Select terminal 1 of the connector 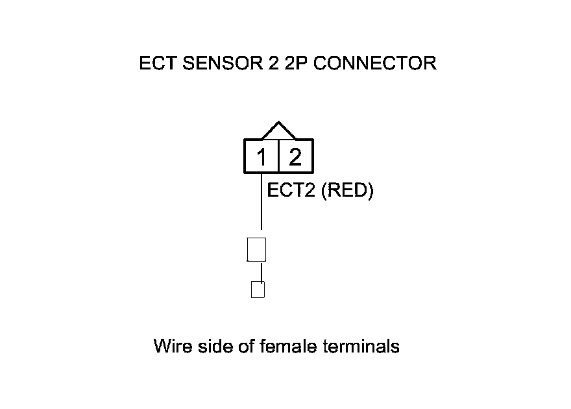pos(261,157)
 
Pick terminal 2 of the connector pos(295,157)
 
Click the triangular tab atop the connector pos(278,130)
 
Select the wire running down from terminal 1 pos(261,201)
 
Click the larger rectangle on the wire pos(257,249)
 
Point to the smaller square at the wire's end pos(258,290)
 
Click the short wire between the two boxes pos(261,271)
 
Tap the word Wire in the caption pos(171,346)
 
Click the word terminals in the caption pos(361,346)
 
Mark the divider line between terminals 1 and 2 pos(278,157)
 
